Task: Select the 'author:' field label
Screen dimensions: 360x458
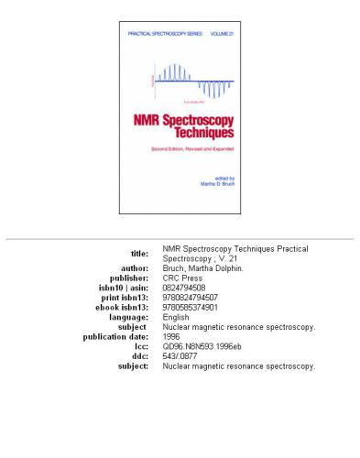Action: point(132,269)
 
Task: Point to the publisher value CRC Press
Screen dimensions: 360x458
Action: point(182,278)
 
